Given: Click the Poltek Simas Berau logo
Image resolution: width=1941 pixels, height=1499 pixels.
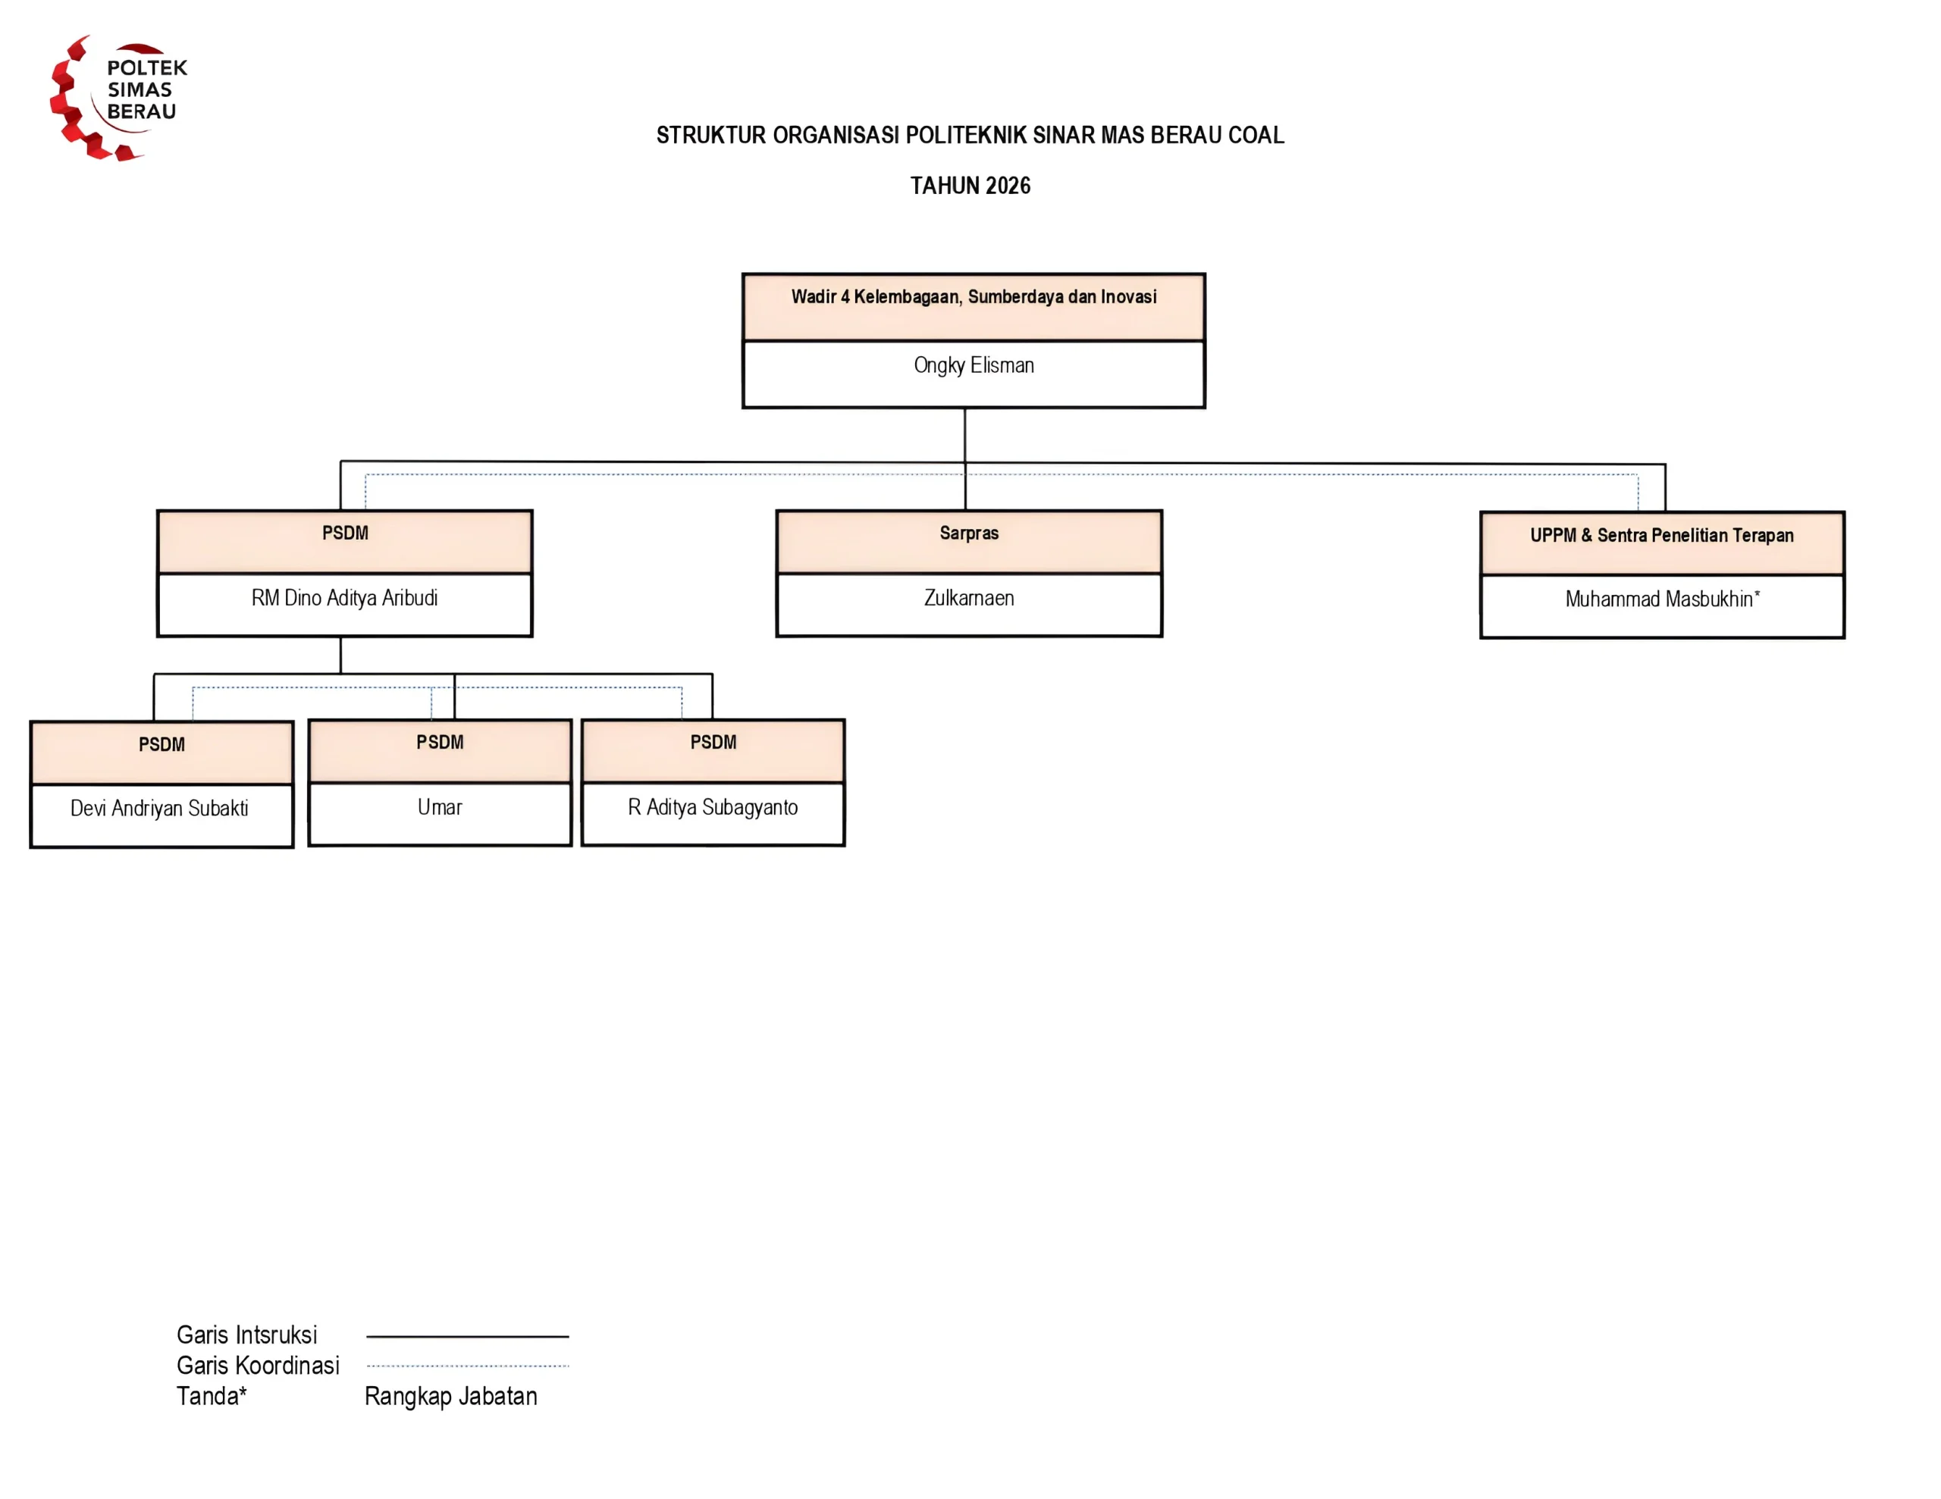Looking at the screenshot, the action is click(x=118, y=98).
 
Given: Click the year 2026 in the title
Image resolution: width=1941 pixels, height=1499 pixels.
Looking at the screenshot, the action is click(x=1008, y=186).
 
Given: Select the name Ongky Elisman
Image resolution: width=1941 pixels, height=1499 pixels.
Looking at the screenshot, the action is click(x=974, y=365).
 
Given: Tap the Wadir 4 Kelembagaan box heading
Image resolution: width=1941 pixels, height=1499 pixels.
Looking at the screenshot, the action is click(x=974, y=297).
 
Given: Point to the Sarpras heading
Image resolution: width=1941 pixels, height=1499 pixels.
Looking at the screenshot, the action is click(x=969, y=533).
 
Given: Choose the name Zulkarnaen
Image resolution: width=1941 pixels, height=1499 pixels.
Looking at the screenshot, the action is click(x=969, y=598).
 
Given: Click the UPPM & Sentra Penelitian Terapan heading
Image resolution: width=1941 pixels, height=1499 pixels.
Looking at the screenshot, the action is click(x=1662, y=535).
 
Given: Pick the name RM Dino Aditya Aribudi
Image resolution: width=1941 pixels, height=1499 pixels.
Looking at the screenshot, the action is click(x=345, y=598).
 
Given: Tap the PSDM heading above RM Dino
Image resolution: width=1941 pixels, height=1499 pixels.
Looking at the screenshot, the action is click(x=345, y=533).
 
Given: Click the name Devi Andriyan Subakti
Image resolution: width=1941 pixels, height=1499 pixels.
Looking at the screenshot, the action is click(x=159, y=809).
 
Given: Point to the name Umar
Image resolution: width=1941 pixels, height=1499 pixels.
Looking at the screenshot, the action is click(x=440, y=808).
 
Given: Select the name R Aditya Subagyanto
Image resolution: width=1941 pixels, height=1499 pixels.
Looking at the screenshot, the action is click(x=713, y=808).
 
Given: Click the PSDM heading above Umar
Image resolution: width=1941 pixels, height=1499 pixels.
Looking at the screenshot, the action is click(x=440, y=743).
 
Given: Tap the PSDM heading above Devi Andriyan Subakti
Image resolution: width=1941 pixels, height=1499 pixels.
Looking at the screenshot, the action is click(x=161, y=745).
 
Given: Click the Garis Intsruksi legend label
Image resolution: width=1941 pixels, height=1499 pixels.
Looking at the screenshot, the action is click(x=247, y=1335).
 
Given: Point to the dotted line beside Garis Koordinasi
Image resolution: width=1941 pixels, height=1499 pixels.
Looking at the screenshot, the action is click(x=468, y=1366).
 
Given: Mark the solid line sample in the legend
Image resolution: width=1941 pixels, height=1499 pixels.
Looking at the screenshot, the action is click(x=468, y=1336).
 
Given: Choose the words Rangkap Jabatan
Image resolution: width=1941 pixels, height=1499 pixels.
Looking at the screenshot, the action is click(x=450, y=1397).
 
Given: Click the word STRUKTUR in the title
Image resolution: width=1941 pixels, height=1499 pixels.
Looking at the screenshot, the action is click(x=711, y=135).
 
